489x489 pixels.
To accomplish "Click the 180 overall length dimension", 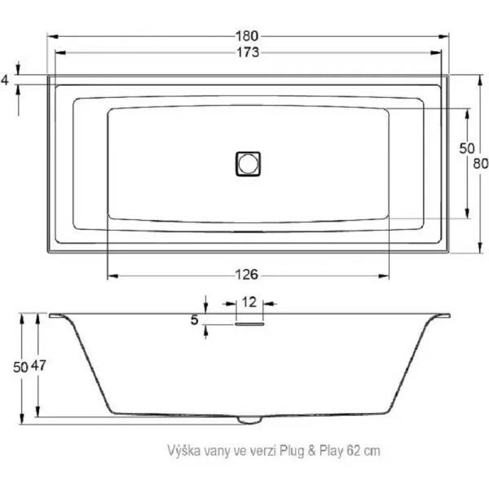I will coord(249,36).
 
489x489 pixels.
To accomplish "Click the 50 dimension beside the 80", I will coord(465,148).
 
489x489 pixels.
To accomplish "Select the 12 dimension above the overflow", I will coord(249,302).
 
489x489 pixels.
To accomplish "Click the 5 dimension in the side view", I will coord(194,320).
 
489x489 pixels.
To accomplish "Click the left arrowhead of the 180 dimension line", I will coord(51,36).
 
